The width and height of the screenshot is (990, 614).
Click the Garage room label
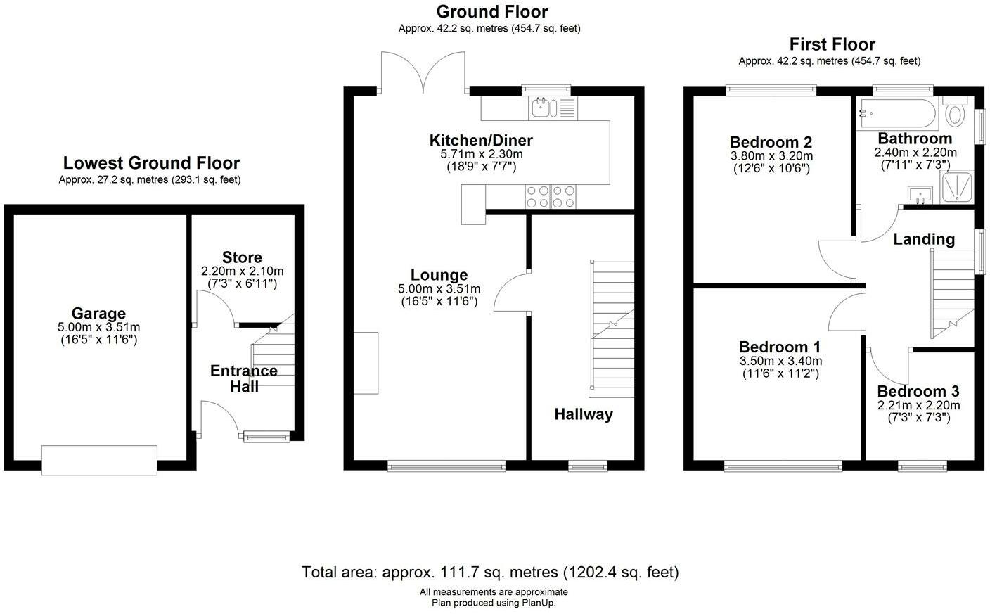pos(98,314)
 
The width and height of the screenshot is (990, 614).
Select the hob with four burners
pos(551,196)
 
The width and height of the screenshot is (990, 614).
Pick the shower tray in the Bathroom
pos(956,187)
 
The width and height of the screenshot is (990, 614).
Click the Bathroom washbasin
pos(920,195)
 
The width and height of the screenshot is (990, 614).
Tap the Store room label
pos(242,257)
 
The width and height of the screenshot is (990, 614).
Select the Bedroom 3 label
pos(918,391)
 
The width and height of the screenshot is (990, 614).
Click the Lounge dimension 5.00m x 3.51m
pos(439,288)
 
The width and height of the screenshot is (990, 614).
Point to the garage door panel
pos(99,460)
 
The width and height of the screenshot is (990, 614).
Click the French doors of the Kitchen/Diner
pos(423,73)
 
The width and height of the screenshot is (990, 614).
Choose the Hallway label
pos(584,415)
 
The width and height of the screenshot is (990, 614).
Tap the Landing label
pos(924,239)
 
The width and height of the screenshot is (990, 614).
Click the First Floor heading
pos(832,44)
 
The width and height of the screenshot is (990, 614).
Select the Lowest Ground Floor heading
pos(151,162)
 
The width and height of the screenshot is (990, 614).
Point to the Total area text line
pos(490,572)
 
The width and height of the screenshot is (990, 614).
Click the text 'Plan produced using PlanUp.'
pos(494,603)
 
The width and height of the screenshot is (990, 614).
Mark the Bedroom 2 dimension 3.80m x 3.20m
pos(771,156)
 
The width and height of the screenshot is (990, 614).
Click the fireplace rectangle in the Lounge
pos(366,363)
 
